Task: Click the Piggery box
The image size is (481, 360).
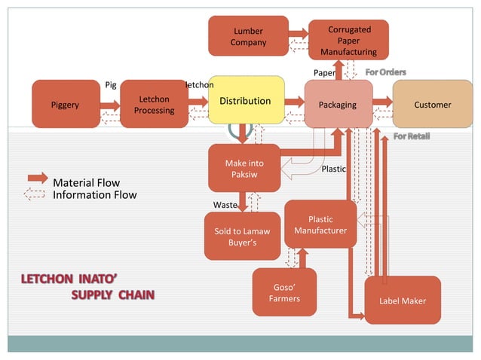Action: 65,104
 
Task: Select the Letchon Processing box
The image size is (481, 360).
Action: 154,104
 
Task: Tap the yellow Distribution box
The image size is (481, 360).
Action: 245,100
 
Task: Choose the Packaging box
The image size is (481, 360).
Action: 338,104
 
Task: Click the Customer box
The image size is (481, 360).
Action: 432,104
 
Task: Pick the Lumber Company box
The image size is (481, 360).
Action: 248,36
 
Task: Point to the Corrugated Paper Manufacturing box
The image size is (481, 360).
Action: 348,40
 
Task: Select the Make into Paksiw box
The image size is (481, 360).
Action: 244,168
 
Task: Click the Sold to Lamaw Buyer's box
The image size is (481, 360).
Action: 243,236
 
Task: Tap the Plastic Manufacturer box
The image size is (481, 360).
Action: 320,224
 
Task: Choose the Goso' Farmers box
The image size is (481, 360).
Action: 284,292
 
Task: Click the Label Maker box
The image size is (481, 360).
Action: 403,301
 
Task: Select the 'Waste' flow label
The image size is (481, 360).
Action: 225,205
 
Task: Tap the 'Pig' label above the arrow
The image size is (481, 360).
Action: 111,84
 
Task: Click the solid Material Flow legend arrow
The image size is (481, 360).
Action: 37,178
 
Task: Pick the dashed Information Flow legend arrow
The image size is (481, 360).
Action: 36,194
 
